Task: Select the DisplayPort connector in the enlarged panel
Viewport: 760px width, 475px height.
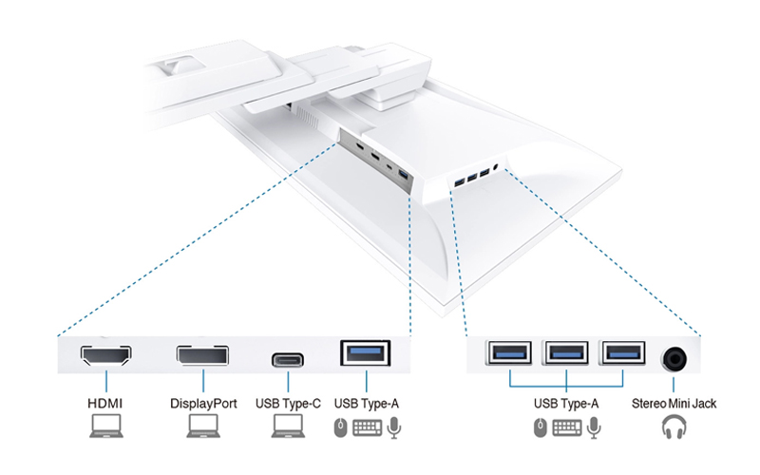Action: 201,358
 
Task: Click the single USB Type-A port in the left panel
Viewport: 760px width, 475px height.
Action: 366,354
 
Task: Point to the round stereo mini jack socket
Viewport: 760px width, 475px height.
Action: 676,358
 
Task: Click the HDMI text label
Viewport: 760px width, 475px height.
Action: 105,404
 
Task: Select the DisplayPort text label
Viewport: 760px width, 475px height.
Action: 201,404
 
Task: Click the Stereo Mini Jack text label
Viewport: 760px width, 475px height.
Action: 675,404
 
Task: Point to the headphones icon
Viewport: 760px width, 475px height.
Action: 675,428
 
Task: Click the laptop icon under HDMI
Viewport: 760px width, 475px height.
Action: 105,428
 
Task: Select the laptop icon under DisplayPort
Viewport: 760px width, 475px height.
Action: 201,428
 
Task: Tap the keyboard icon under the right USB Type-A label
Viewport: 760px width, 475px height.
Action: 566,428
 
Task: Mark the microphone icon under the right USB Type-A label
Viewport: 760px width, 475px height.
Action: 595,428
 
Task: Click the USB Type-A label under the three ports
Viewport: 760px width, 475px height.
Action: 566,404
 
